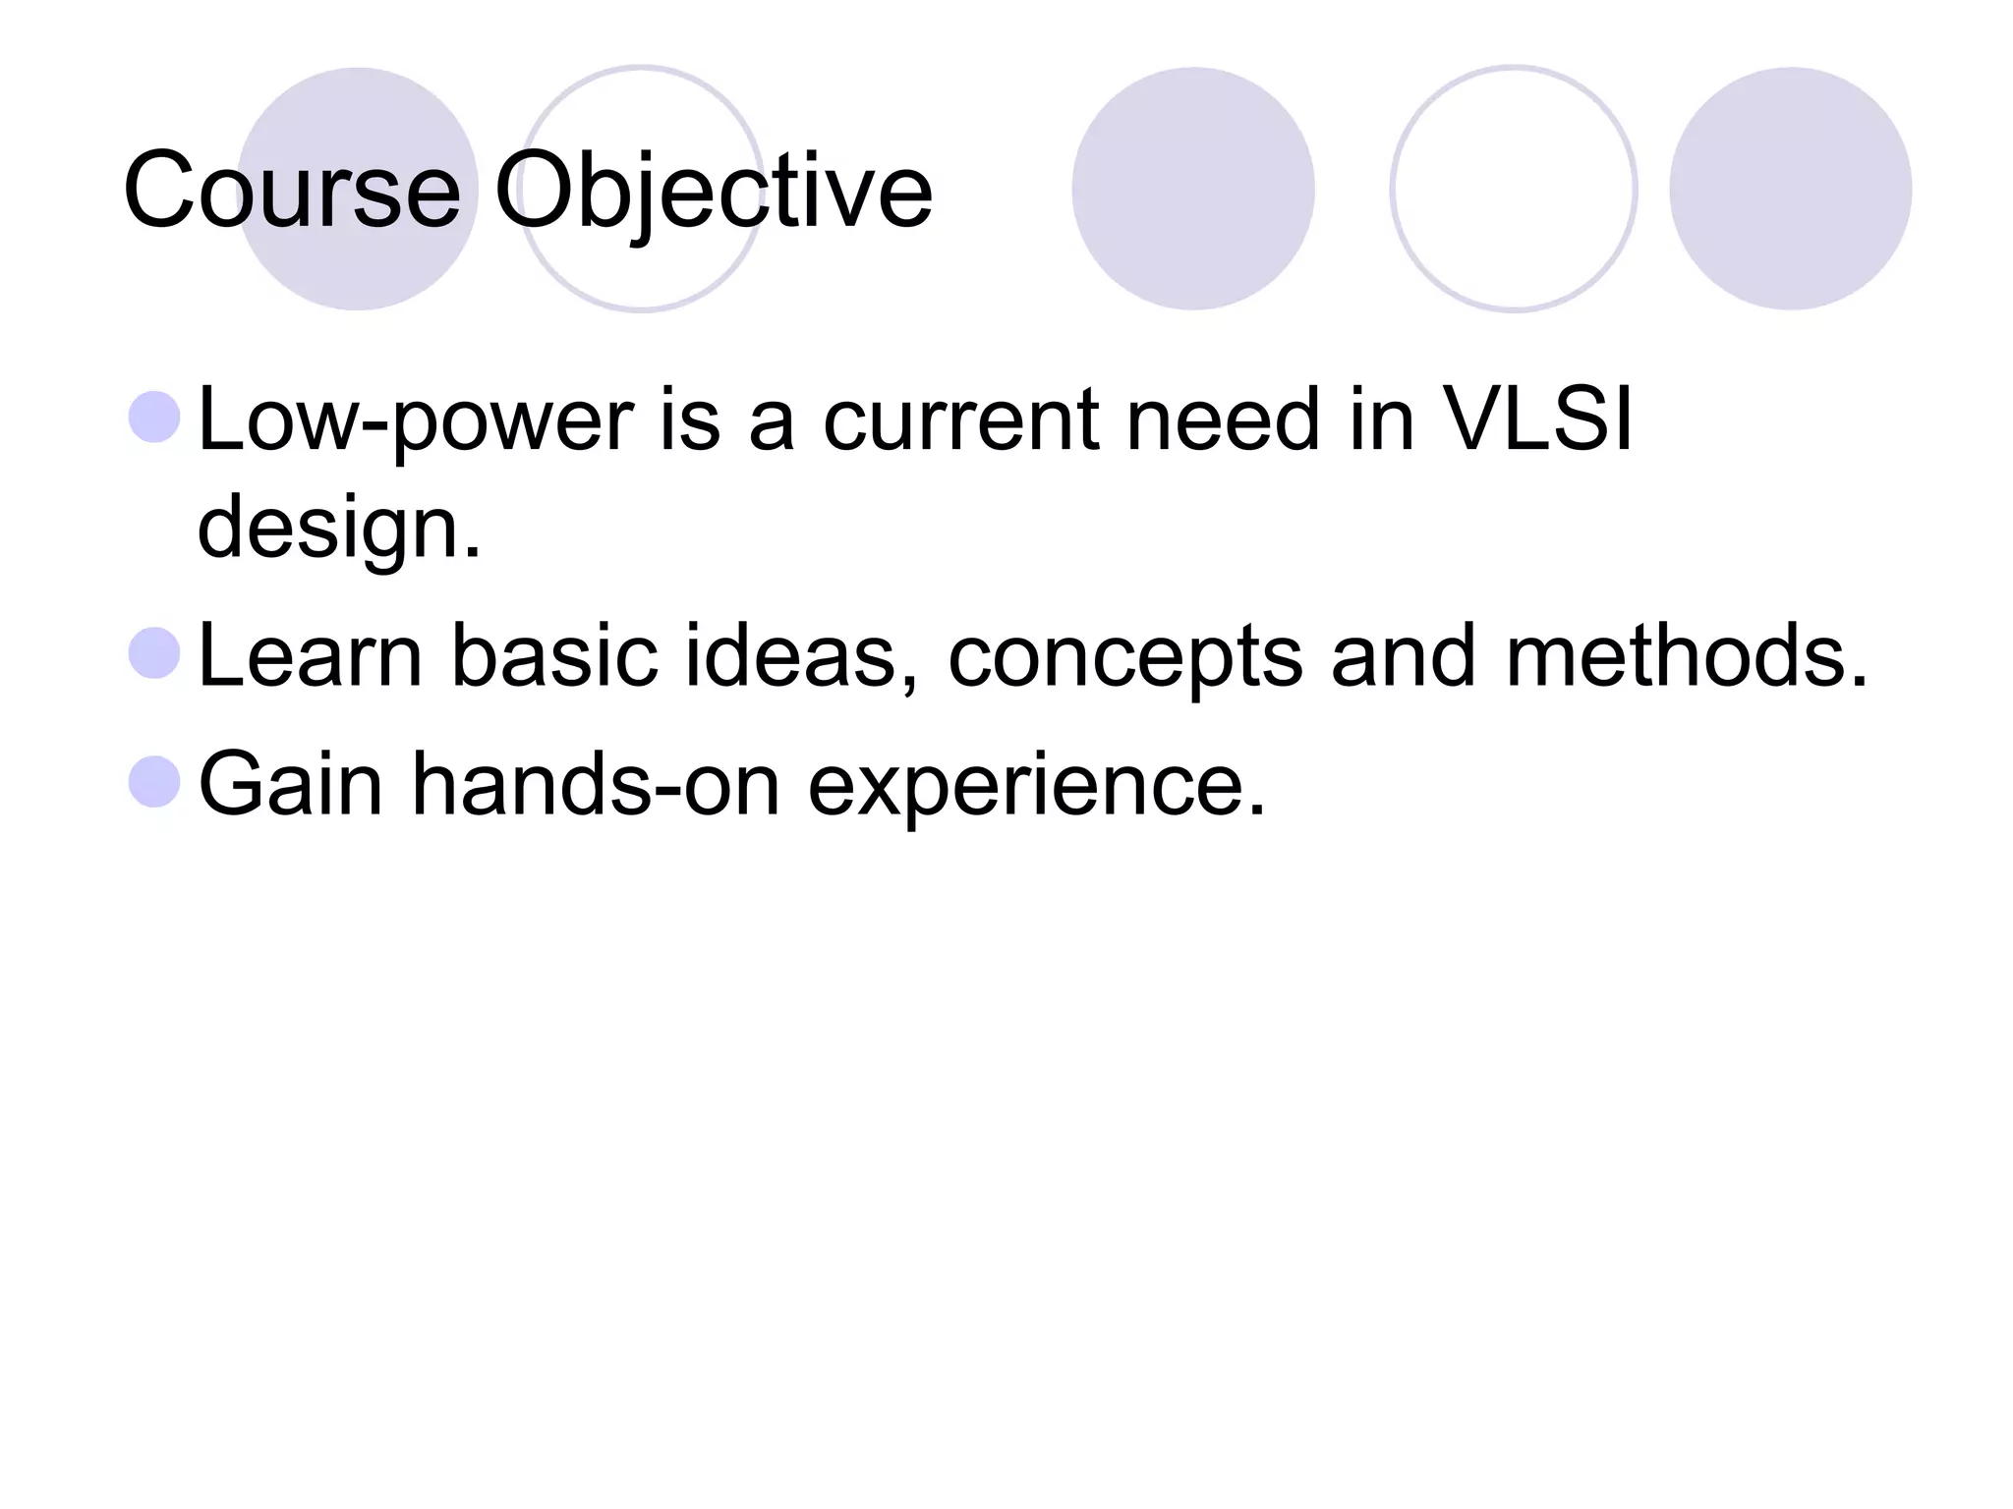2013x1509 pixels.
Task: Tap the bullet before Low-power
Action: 154,417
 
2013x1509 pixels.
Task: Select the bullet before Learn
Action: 154,653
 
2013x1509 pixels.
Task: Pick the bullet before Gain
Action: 154,781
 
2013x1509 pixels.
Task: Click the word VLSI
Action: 1536,419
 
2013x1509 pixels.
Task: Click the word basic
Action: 553,655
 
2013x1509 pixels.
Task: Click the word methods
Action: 1685,655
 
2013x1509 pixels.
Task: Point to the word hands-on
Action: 595,783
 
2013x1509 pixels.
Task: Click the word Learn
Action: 310,655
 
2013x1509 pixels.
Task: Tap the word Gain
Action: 290,783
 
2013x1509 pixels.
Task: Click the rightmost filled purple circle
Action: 1790,189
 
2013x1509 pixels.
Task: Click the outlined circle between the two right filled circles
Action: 1513,189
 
